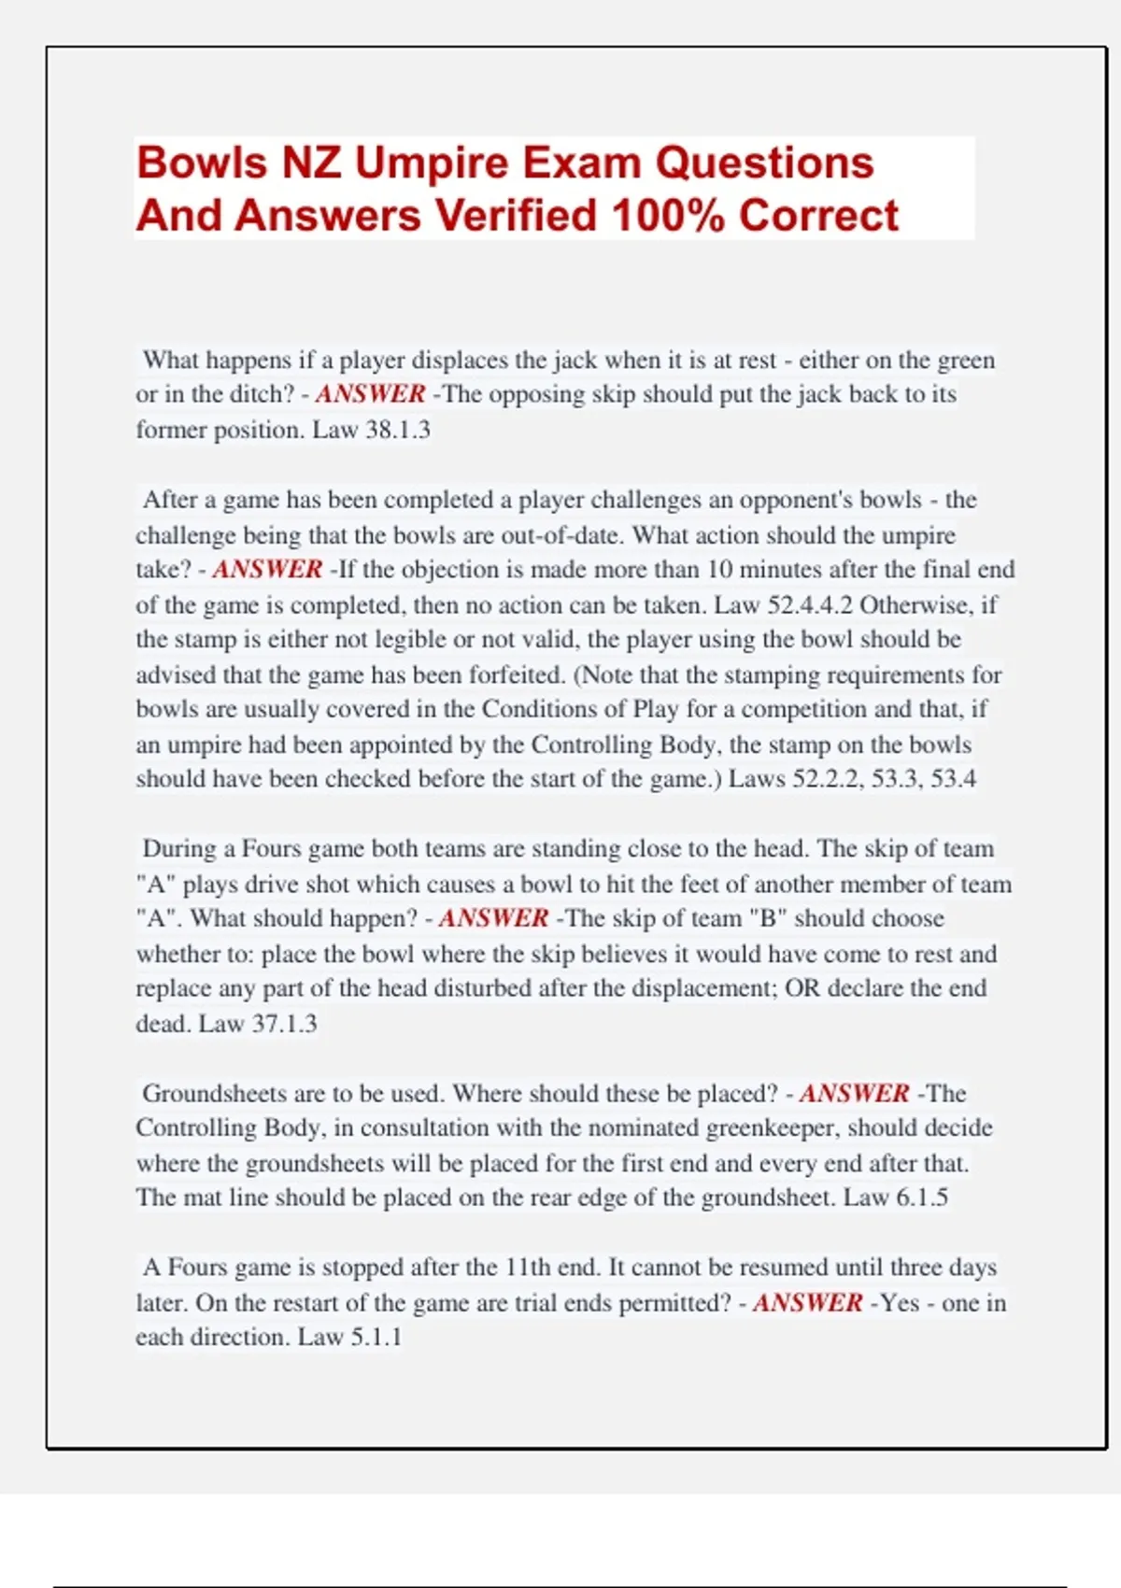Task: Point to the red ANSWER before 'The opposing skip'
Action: [370, 394]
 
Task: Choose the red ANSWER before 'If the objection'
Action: [267, 570]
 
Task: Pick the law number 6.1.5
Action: [921, 1198]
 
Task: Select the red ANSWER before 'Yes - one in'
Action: [807, 1303]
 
